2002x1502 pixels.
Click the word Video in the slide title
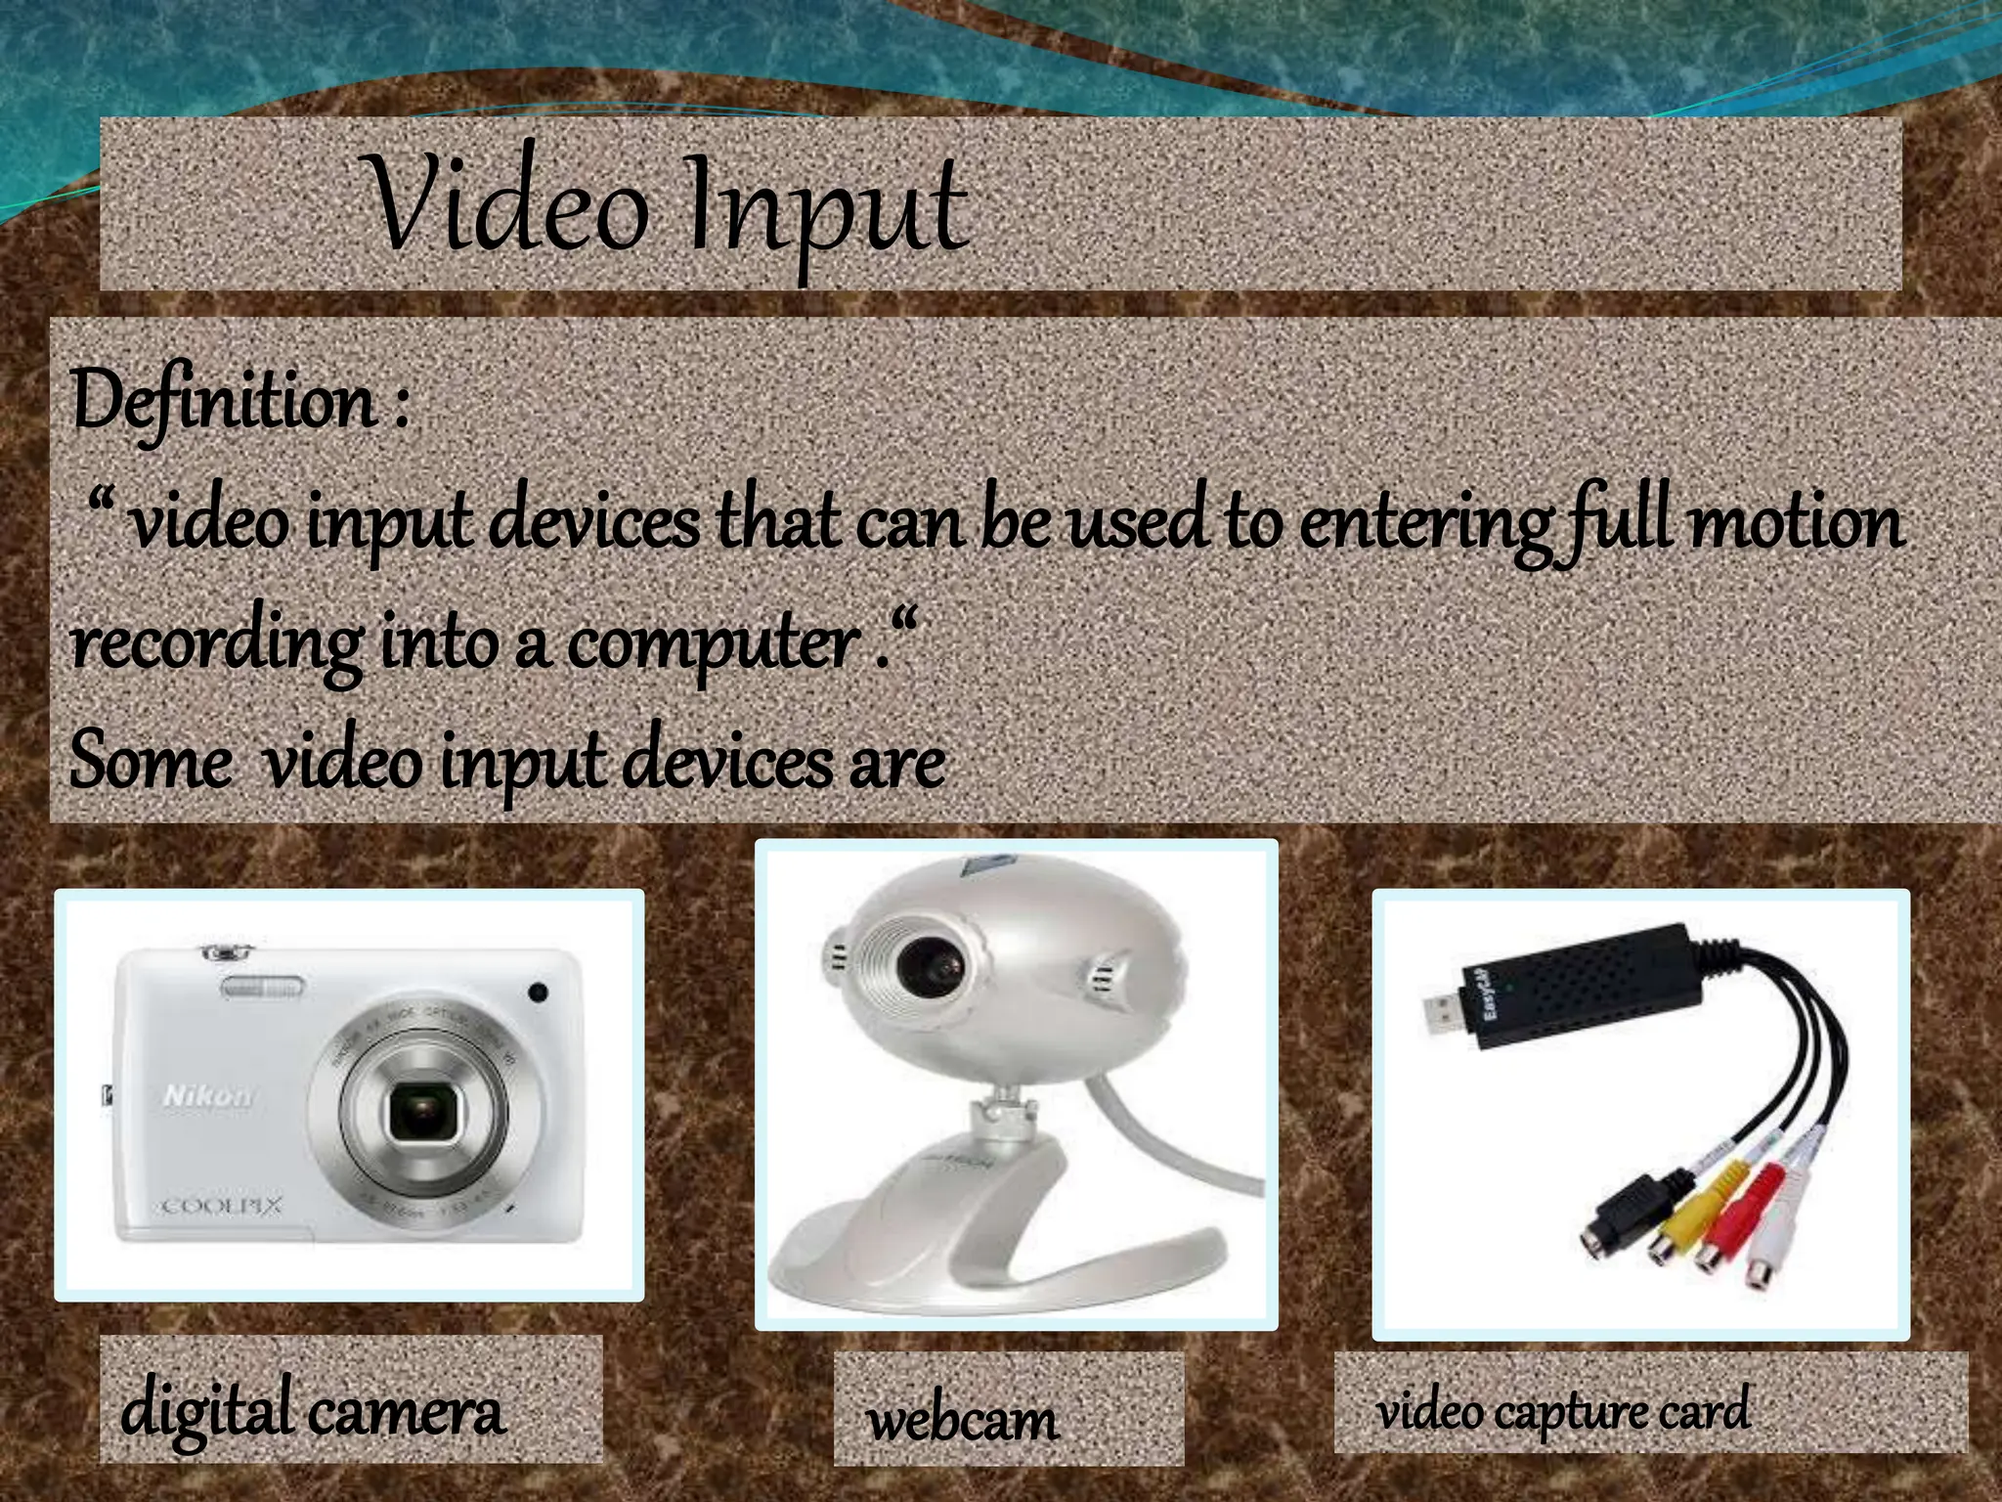pyautogui.click(x=508, y=205)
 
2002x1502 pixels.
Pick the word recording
pyautogui.click(x=215, y=645)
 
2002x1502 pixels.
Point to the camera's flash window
pyautogui.click(x=262, y=988)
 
